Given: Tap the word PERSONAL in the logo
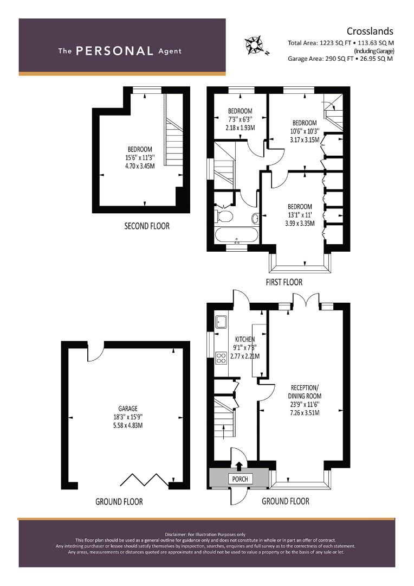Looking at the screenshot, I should click(x=114, y=51).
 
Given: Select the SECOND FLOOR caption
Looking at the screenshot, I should click(x=146, y=226).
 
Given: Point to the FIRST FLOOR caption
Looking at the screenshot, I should click(x=283, y=282).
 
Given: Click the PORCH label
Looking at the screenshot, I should click(x=240, y=479).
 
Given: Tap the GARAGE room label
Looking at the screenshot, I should click(x=128, y=409).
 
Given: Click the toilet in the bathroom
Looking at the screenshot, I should click(x=224, y=217).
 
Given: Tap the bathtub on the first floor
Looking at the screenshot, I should click(x=237, y=236).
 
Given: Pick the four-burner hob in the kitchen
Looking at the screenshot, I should click(x=221, y=358).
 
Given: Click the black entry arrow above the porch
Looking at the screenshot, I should click(x=239, y=464).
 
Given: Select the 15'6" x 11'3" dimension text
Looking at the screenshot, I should click(x=140, y=158).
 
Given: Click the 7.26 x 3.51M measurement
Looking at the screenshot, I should click(x=305, y=413).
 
